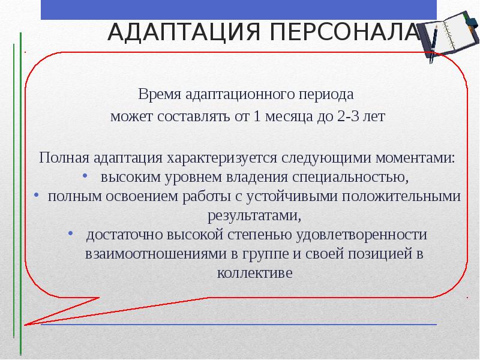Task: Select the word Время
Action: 157,95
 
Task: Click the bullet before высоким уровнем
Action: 84,177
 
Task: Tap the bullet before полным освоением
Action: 37,196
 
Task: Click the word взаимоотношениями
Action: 155,253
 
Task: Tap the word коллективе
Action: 254,272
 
